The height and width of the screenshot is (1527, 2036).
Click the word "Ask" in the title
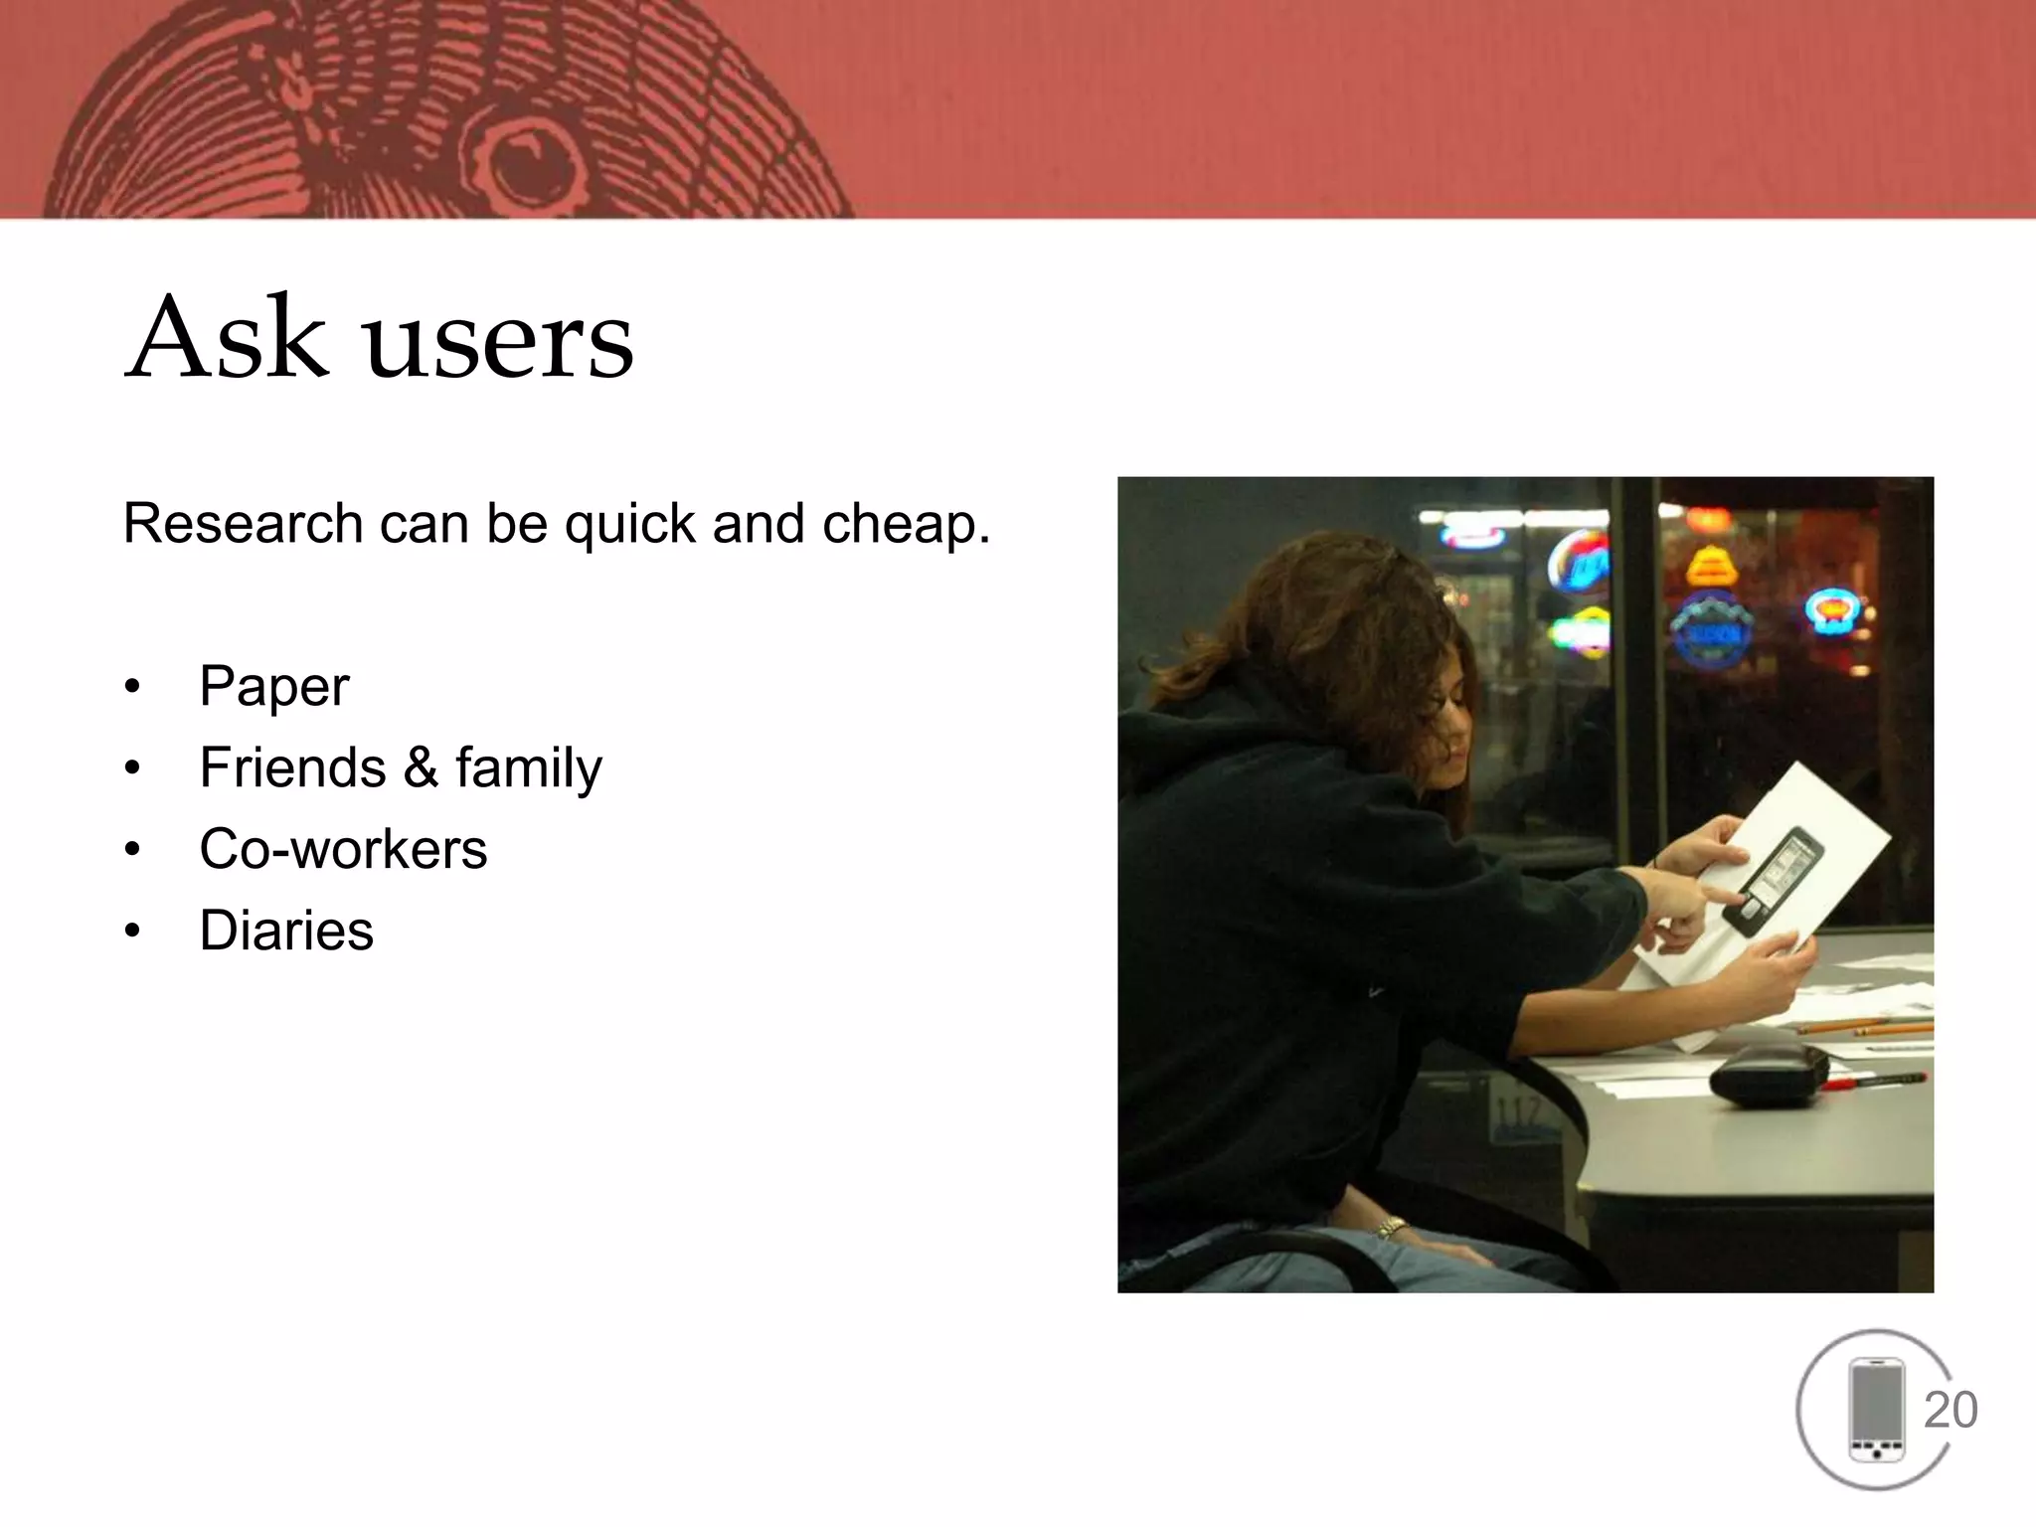228,338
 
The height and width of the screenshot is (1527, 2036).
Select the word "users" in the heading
499,343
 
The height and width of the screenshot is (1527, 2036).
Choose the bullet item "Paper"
274,686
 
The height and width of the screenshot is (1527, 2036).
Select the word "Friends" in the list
292,767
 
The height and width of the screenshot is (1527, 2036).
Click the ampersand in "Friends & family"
421,767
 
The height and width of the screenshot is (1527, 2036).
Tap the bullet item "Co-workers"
343,849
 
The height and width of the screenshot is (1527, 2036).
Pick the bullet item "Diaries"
286,931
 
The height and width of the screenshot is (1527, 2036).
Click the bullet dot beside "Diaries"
133,932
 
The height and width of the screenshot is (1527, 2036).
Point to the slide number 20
1951,1410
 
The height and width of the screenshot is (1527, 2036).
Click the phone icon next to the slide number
1876,1410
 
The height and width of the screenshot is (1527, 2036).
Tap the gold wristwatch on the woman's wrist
1392,1228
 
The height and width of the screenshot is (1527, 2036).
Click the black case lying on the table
1769,1075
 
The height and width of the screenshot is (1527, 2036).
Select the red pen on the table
1874,1081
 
